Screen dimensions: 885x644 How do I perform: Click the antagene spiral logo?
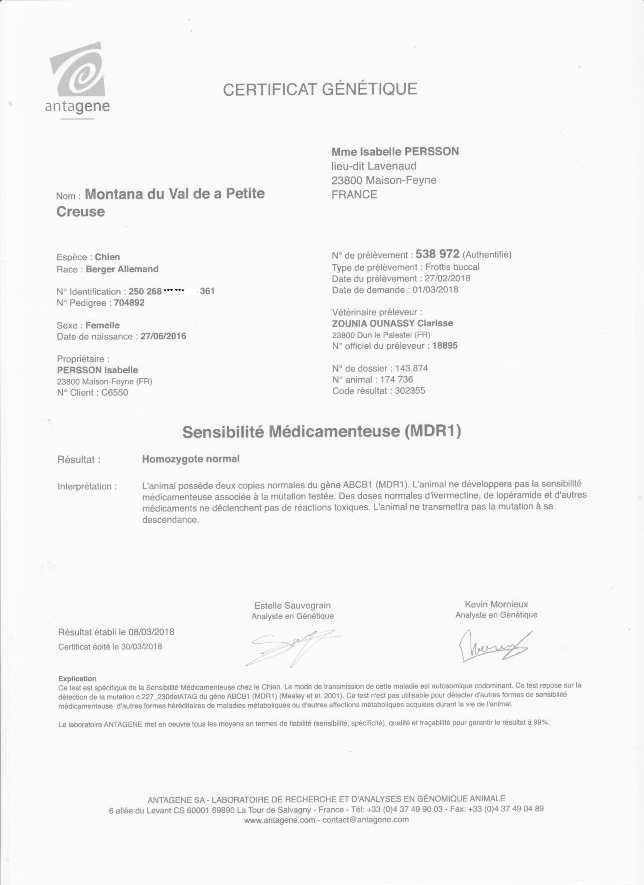click(78, 73)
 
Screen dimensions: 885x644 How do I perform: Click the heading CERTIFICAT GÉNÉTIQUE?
click(320, 89)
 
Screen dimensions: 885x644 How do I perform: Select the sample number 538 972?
click(438, 254)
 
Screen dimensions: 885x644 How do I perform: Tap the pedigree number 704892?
click(129, 303)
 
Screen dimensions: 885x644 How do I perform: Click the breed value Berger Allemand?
click(122, 269)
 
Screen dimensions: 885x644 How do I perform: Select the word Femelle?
click(102, 325)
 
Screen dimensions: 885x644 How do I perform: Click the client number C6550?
click(114, 393)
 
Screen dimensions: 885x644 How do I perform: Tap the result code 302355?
click(410, 391)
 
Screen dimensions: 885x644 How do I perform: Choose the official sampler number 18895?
click(445, 346)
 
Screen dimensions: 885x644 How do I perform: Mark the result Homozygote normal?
click(191, 459)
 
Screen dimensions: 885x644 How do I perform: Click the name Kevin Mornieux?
click(496, 604)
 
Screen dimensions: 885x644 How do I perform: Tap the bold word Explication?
click(77, 679)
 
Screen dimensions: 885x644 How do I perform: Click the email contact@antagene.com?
click(366, 819)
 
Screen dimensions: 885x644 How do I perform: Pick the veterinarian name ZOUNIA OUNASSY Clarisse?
click(392, 323)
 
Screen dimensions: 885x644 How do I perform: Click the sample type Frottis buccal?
click(452, 267)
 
